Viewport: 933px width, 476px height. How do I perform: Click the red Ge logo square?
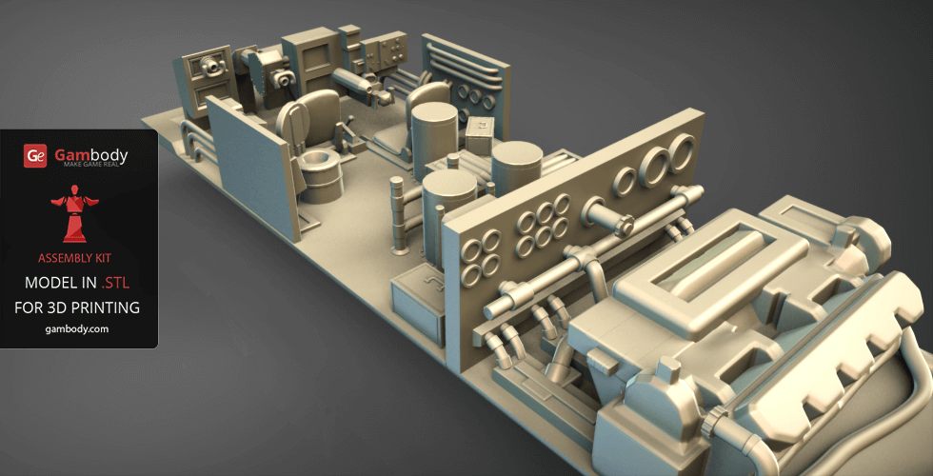35,156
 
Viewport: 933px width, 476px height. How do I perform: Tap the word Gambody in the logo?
91,154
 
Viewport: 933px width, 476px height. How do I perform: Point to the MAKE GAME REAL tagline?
91,164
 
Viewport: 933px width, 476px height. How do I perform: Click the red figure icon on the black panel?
74,213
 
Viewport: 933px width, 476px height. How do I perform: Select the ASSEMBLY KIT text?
74,258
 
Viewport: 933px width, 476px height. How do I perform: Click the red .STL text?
115,284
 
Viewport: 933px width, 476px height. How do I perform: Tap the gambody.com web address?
77,329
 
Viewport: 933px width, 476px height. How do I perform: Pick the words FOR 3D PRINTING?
77,307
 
